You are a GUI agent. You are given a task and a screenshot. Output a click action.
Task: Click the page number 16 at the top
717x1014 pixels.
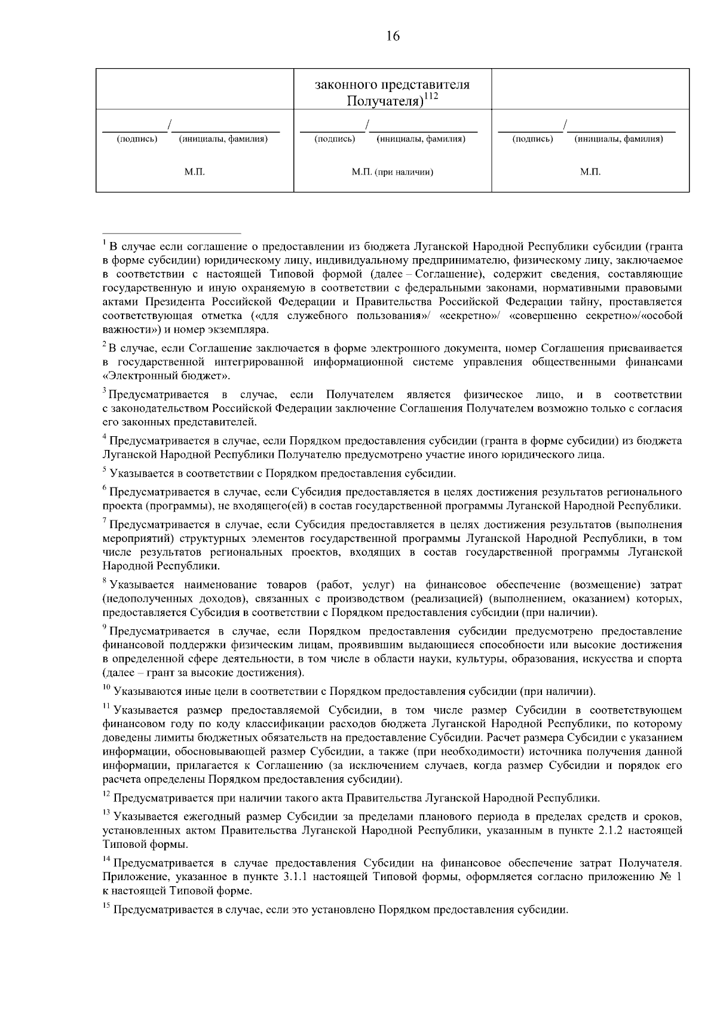[x=393, y=36]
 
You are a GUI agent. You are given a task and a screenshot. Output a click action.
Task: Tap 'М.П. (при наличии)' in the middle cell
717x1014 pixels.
[x=392, y=172]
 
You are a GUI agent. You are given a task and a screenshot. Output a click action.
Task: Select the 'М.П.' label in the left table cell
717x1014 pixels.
[x=194, y=172]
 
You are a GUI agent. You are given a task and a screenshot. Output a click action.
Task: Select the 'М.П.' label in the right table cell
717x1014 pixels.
[x=590, y=172]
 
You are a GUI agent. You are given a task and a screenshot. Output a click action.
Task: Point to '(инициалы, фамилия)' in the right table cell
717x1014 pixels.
[x=618, y=139]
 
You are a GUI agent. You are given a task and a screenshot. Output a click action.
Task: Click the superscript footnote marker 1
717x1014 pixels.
[x=105, y=243]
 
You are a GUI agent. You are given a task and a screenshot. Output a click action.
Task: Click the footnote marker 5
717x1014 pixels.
[x=105, y=471]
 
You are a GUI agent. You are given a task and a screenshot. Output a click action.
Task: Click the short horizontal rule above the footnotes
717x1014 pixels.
[x=171, y=232]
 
